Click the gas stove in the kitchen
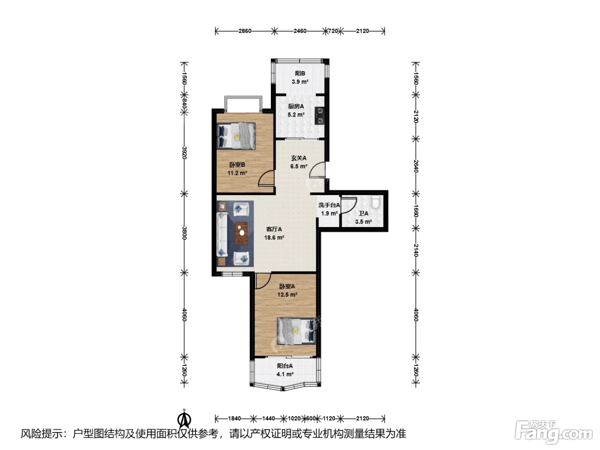tap(319, 115)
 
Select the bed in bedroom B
tap(236, 136)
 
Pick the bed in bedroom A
tap(297, 330)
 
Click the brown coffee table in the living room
tap(241, 233)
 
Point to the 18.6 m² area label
tap(274, 237)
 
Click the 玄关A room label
tap(298, 158)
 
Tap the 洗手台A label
tap(329, 205)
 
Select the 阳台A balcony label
tap(285, 366)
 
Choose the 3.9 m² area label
tap(300, 81)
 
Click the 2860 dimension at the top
tap(245, 31)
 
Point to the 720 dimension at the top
tap(333, 31)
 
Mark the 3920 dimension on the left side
tap(185, 153)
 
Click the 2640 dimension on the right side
tap(416, 166)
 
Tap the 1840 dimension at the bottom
tap(234, 418)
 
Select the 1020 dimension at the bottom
tap(294, 418)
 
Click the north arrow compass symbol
tap(185, 420)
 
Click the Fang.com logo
tap(554, 432)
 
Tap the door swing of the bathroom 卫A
tap(349, 205)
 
